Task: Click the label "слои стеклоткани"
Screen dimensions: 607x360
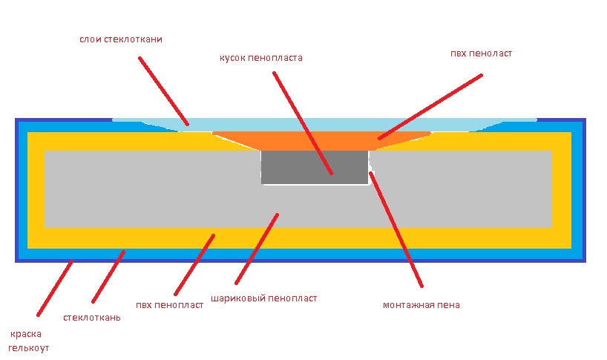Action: (121, 39)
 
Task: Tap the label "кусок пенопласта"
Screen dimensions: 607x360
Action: (261, 58)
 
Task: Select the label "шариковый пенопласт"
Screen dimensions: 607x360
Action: (263, 298)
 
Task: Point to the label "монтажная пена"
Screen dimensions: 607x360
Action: (421, 305)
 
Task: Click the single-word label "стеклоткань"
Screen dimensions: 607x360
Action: (92, 318)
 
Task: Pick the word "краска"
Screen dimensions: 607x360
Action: (26, 334)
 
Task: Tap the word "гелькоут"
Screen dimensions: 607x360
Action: (29, 348)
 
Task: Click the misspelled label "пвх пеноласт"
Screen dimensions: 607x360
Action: (481, 53)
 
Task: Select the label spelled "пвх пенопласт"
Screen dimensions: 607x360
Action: (169, 305)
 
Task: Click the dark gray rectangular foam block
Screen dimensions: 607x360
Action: (315, 167)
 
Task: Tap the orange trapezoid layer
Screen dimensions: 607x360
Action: (321, 140)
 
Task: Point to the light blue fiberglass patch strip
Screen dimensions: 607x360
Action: (324, 125)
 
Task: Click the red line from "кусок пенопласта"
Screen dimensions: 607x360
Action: (303, 122)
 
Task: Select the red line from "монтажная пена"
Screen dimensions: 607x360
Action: (396, 229)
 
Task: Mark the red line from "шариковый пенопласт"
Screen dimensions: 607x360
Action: (257, 249)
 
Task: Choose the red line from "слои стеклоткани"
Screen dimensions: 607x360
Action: (164, 91)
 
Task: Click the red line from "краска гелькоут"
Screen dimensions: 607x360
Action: (55, 289)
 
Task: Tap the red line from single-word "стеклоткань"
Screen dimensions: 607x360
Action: (108, 276)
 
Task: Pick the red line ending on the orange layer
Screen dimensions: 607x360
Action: (430, 106)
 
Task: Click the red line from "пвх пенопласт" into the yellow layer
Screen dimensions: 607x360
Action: (194, 265)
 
